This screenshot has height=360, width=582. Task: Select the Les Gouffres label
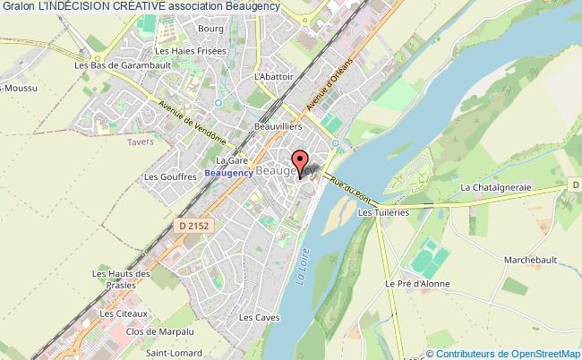point(170,177)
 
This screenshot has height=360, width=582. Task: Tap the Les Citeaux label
point(124,314)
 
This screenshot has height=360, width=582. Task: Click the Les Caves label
point(253,317)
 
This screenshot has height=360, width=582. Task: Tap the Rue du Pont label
point(350,186)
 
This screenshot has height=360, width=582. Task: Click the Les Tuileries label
point(382,213)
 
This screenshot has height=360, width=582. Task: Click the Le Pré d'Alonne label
point(417,284)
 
